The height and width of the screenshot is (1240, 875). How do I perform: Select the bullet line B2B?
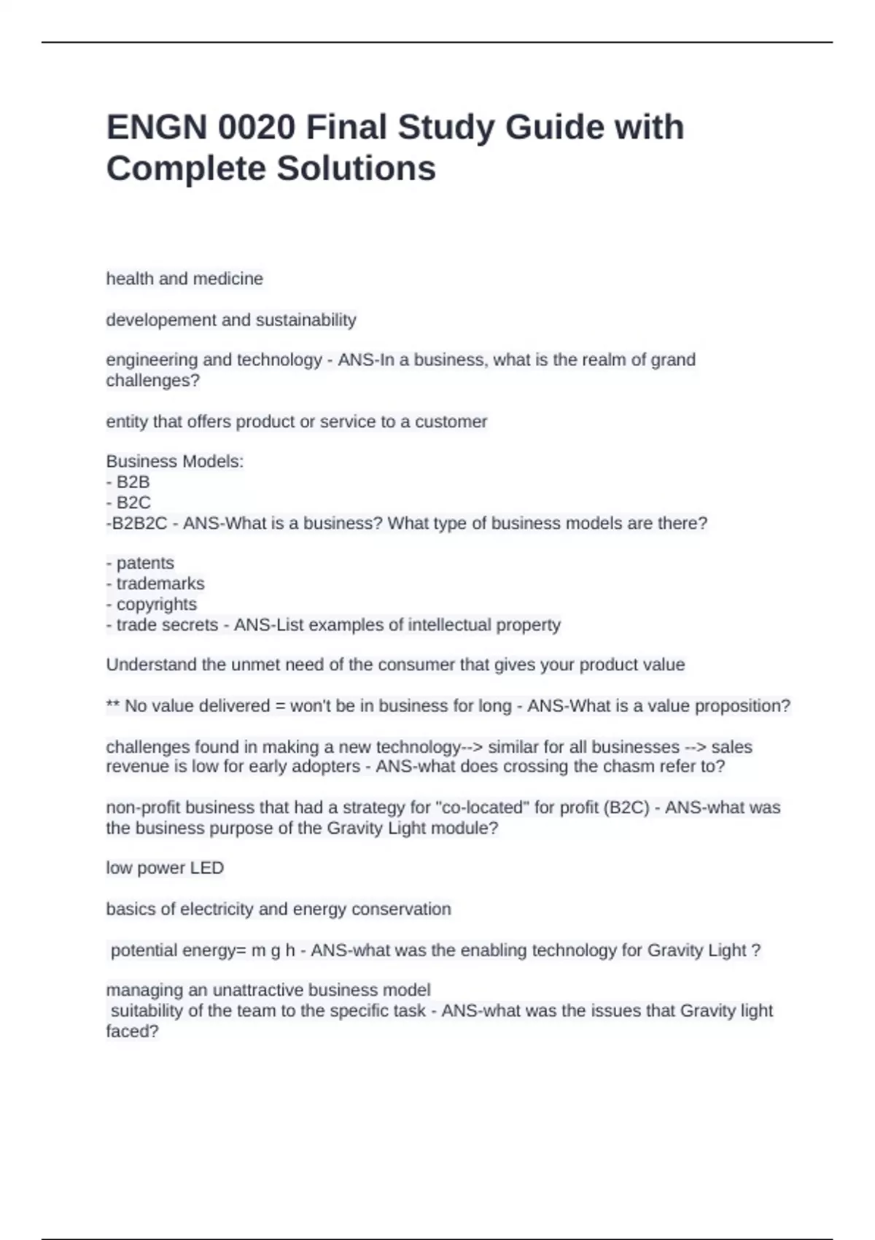[x=133, y=482]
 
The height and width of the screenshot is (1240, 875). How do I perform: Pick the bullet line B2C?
[x=133, y=503]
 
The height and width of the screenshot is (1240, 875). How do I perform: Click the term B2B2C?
[x=138, y=523]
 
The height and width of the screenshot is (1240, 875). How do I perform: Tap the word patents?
[x=145, y=563]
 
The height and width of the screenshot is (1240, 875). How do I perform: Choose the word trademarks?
[x=160, y=584]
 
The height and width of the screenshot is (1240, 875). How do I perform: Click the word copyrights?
[x=156, y=604]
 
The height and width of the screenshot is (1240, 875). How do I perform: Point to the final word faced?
[x=132, y=1031]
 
